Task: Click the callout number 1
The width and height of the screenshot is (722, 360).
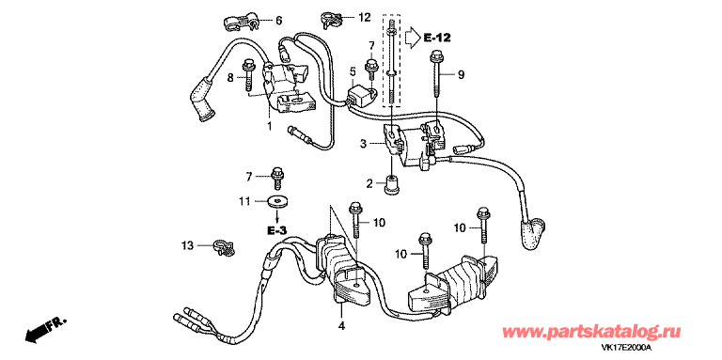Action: pyautogui.click(x=269, y=125)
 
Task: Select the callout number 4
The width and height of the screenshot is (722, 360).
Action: pyautogui.click(x=341, y=326)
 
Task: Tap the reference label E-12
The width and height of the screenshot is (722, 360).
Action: pyautogui.click(x=438, y=39)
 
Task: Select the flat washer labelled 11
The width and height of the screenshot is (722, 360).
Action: pyautogui.click(x=276, y=201)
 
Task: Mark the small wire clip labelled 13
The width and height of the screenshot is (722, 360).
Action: pyautogui.click(x=222, y=247)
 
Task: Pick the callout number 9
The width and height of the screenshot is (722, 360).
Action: pyautogui.click(x=461, y=73)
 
